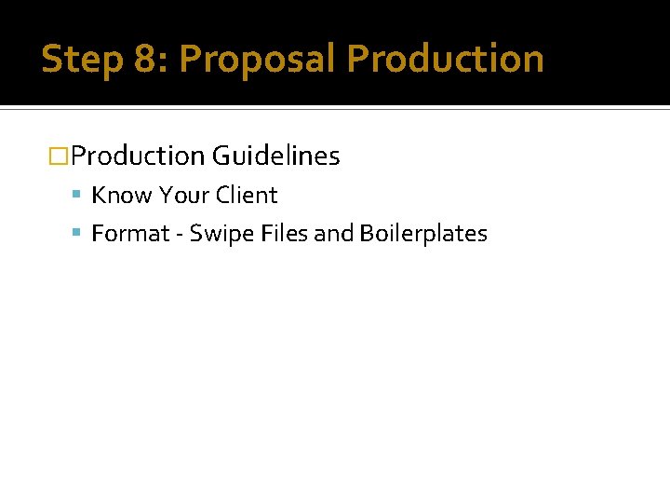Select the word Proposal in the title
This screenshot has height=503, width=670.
click(x=257, y=59)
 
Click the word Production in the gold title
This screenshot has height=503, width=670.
click(x=446, y=59)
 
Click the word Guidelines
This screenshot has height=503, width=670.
click(x=275, y=156)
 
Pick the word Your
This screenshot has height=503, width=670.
click(x=183, y=196)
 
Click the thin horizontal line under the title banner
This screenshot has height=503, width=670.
click(x=335, y=109)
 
